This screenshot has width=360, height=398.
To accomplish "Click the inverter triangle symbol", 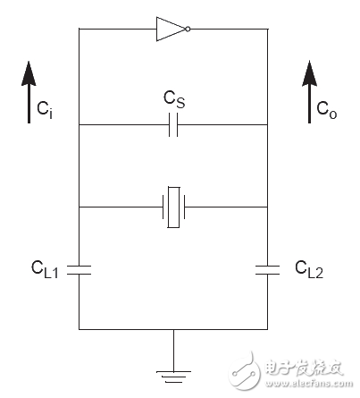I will (x=169, y=29).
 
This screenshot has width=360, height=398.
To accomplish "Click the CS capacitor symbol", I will (x=174, y=126).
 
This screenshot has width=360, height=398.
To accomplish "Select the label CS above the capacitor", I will (x=173, y=100).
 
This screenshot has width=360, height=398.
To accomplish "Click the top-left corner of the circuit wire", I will (x=80, y=29).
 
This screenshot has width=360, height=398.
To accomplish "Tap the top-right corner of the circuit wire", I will (x=268, y=29).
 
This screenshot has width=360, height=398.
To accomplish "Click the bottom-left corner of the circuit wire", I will (x=80, y=329).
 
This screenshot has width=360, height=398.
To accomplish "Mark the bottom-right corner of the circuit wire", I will (x=268, y=329).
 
